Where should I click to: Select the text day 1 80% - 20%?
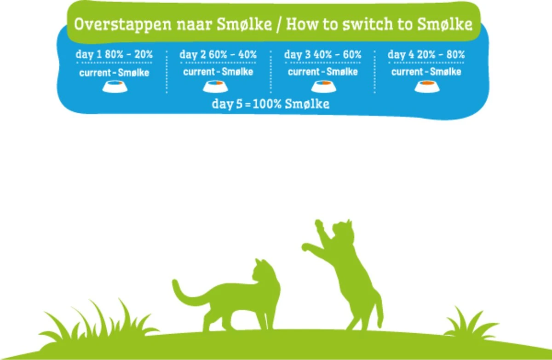click(x=114, y=54)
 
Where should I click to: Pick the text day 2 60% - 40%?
click(x=218, y=54)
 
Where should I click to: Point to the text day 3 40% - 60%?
click(x=322, y=54)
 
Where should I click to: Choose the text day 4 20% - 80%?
click(x=426, y=54)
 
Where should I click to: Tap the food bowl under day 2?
click(x=218, y=86)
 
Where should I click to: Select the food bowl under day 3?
click(x=322, y=86)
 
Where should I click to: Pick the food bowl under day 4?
click(x=426, y=86)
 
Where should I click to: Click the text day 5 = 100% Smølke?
click(x=270, y=104)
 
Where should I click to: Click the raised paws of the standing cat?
click(x=313, y=235)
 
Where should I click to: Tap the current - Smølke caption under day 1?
click(x=114, y=72)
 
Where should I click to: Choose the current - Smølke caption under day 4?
click(x=426, y=72)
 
